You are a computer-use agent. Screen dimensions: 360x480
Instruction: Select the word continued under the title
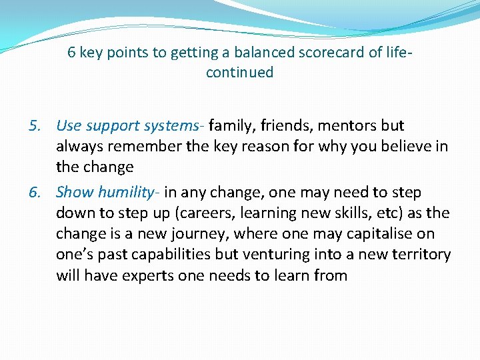(239, 73)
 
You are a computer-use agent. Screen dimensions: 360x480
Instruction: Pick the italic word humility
(129, 193)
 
